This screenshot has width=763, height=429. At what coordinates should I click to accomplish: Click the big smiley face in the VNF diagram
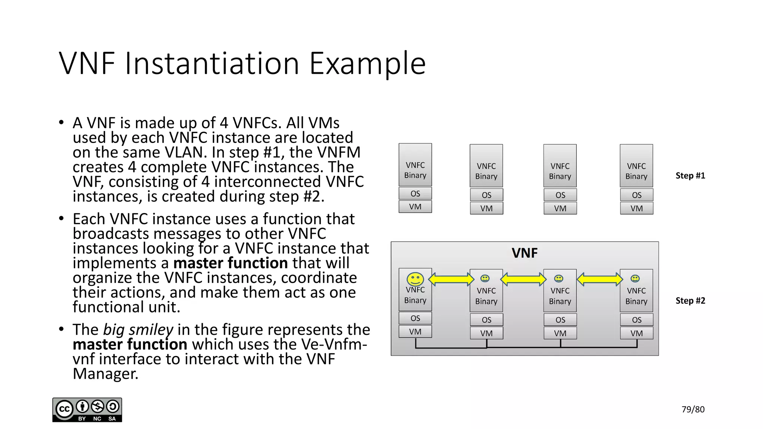pos(415,279)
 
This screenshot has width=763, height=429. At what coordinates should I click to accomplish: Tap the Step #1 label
pos(690,176)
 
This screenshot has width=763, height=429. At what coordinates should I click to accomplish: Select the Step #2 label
pos(690,301)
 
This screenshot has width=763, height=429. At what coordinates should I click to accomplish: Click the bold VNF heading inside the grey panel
pos(525,253)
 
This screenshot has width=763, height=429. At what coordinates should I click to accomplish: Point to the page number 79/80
pos(693,409)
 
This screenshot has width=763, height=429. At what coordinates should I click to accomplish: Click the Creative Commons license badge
pos(87,410)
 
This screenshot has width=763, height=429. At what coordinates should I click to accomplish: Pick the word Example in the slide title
pos(367,64)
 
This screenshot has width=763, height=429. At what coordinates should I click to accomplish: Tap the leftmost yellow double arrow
pos(451,279)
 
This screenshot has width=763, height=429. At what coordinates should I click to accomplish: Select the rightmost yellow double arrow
pos(599,279)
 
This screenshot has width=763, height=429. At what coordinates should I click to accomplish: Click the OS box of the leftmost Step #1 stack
pos(415,194)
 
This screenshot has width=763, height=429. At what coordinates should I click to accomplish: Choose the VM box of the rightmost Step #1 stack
pos(636,209)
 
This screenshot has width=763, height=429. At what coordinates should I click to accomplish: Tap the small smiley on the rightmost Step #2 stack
pos(635,279)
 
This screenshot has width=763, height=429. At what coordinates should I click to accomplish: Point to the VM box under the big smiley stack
pos(415,332)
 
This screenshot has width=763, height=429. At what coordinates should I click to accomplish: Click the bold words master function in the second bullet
pos(230,263)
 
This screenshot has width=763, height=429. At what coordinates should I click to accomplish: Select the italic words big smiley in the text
pos(138,330)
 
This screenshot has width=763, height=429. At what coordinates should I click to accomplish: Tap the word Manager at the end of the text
pos(105,374)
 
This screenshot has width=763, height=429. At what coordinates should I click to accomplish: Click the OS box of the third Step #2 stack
pos(560,320)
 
